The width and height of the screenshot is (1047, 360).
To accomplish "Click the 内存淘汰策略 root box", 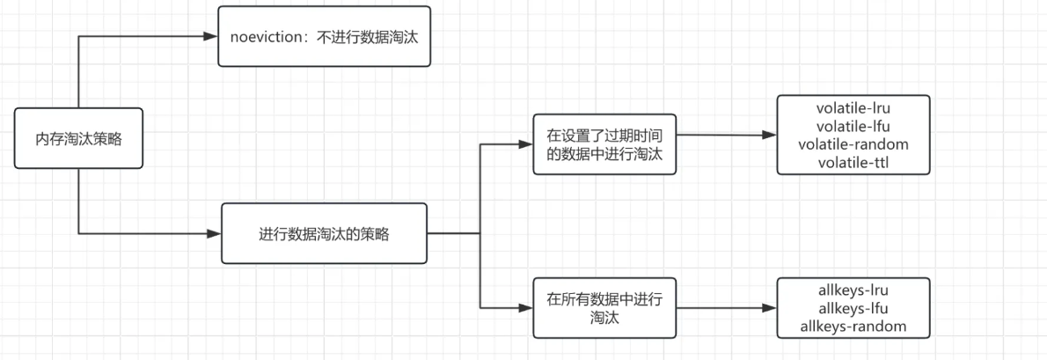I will click(x=78, y=138).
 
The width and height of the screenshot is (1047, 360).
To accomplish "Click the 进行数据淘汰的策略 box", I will click(x=324, y=233).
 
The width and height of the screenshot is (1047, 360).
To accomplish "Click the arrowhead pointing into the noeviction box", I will click(x=210, y=36).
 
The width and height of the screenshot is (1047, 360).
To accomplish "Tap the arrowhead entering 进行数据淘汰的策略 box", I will click(x=213, y=233).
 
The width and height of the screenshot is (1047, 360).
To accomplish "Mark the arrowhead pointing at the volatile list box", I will click(x=769, y=136).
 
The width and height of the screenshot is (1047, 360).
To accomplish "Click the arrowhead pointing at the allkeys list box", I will click(x=769, y=308).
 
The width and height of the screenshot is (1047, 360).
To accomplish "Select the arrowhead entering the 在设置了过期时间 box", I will click(x=527, y=145).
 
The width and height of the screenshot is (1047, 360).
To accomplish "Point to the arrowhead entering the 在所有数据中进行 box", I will click(x=527, y=307).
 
